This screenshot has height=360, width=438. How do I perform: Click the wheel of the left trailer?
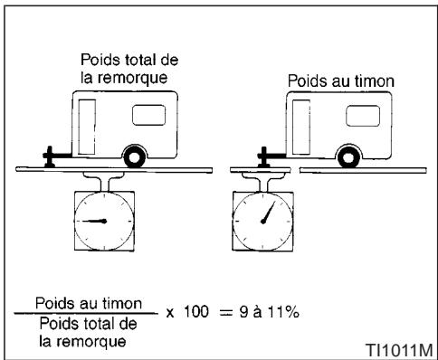[133, 156]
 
